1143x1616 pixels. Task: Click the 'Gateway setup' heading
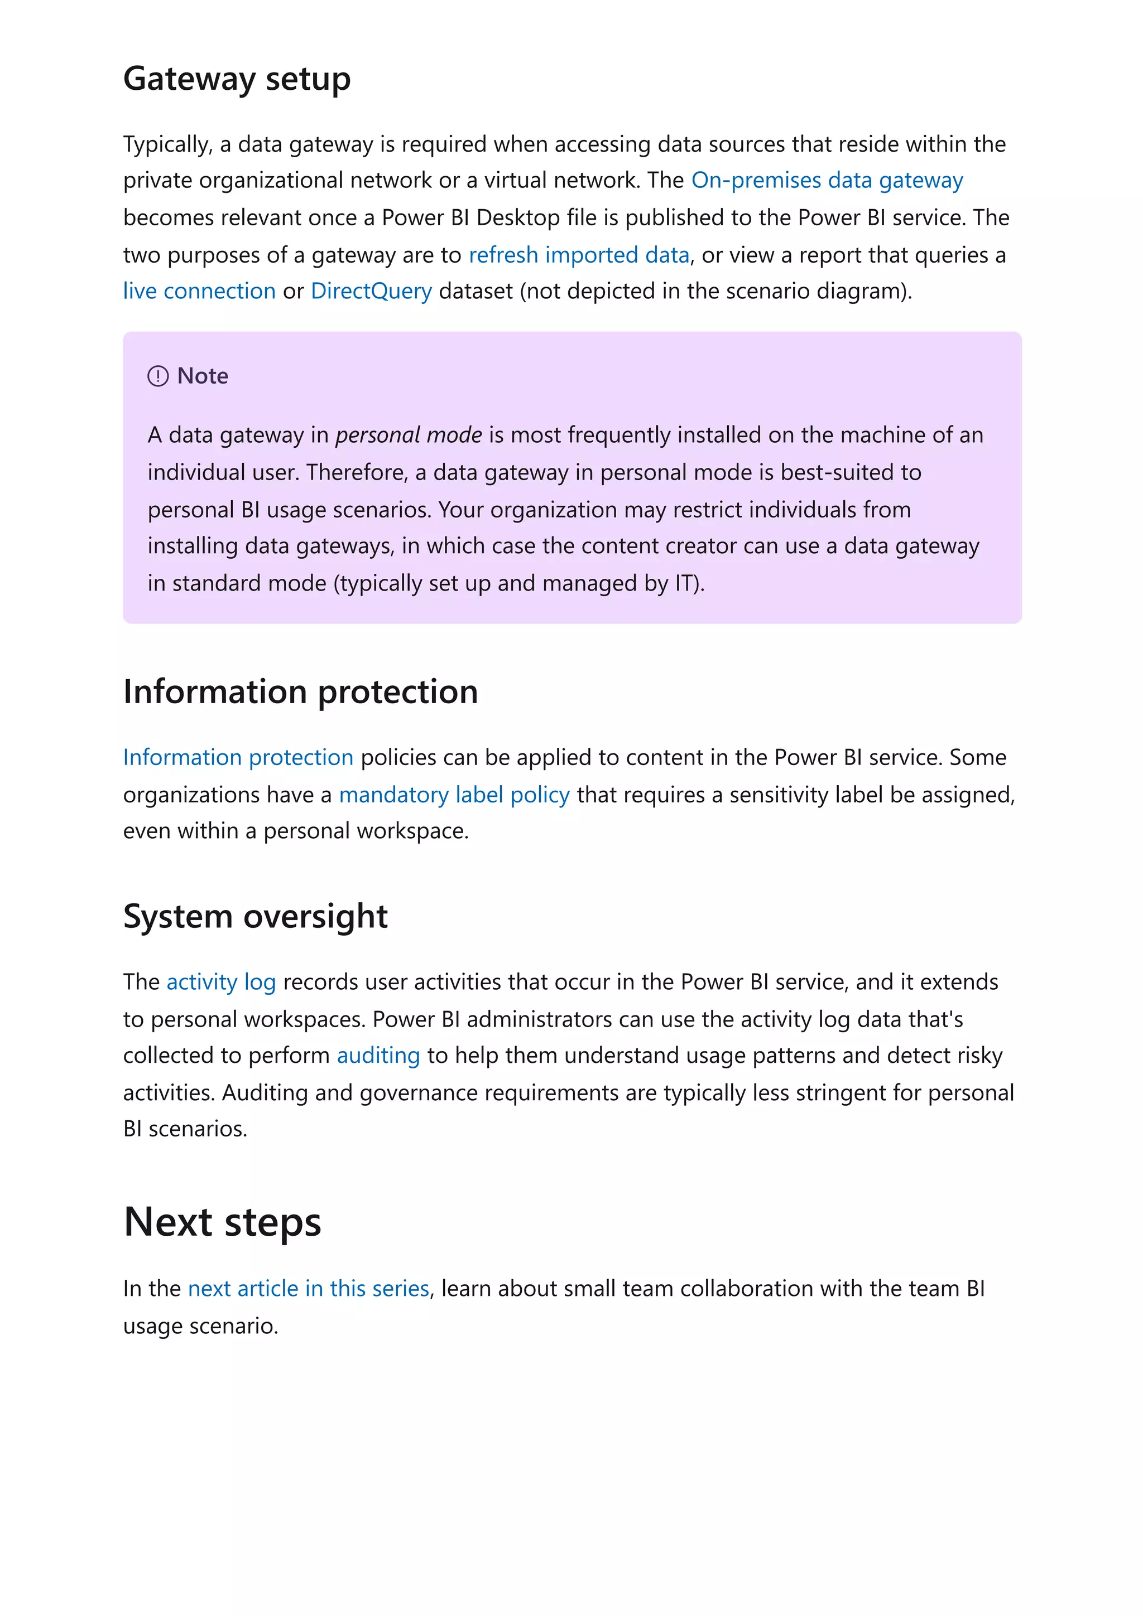[x=237, y=79]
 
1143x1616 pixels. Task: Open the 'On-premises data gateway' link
[x=827, y=180]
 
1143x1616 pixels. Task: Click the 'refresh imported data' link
[x=578, y=255]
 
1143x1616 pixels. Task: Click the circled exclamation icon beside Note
[x=158, y=376]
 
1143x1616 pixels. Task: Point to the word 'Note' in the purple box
[x=203, y=376]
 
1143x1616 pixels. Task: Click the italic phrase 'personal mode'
[x=409, y=435]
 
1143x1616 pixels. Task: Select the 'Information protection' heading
[x=301, y=692]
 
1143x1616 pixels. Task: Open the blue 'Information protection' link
[x=238, y=757]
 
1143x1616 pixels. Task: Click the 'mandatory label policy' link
[x=454, y=795]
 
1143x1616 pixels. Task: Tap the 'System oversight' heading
[x=255, y=916]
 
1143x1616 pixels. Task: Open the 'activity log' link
[x=221, y=982]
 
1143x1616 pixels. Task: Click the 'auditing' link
[x=378, y=1056]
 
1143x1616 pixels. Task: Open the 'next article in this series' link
[x=309, y=1289]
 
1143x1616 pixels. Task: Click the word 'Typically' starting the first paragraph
[x=167, y=144]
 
